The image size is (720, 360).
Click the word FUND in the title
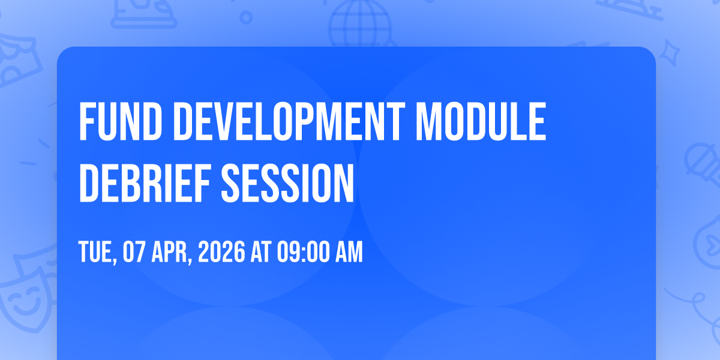(121, 121)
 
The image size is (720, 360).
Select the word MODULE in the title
(481, 121)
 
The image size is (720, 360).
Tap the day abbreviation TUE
(97, 253)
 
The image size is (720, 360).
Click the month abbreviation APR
(172, 253)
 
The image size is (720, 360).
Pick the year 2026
(221, 251)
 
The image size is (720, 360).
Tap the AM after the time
(349, 251)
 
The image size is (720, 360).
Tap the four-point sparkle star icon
(669, 52)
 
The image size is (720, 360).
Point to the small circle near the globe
(246, 17)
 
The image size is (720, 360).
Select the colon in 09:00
(304, 253)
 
